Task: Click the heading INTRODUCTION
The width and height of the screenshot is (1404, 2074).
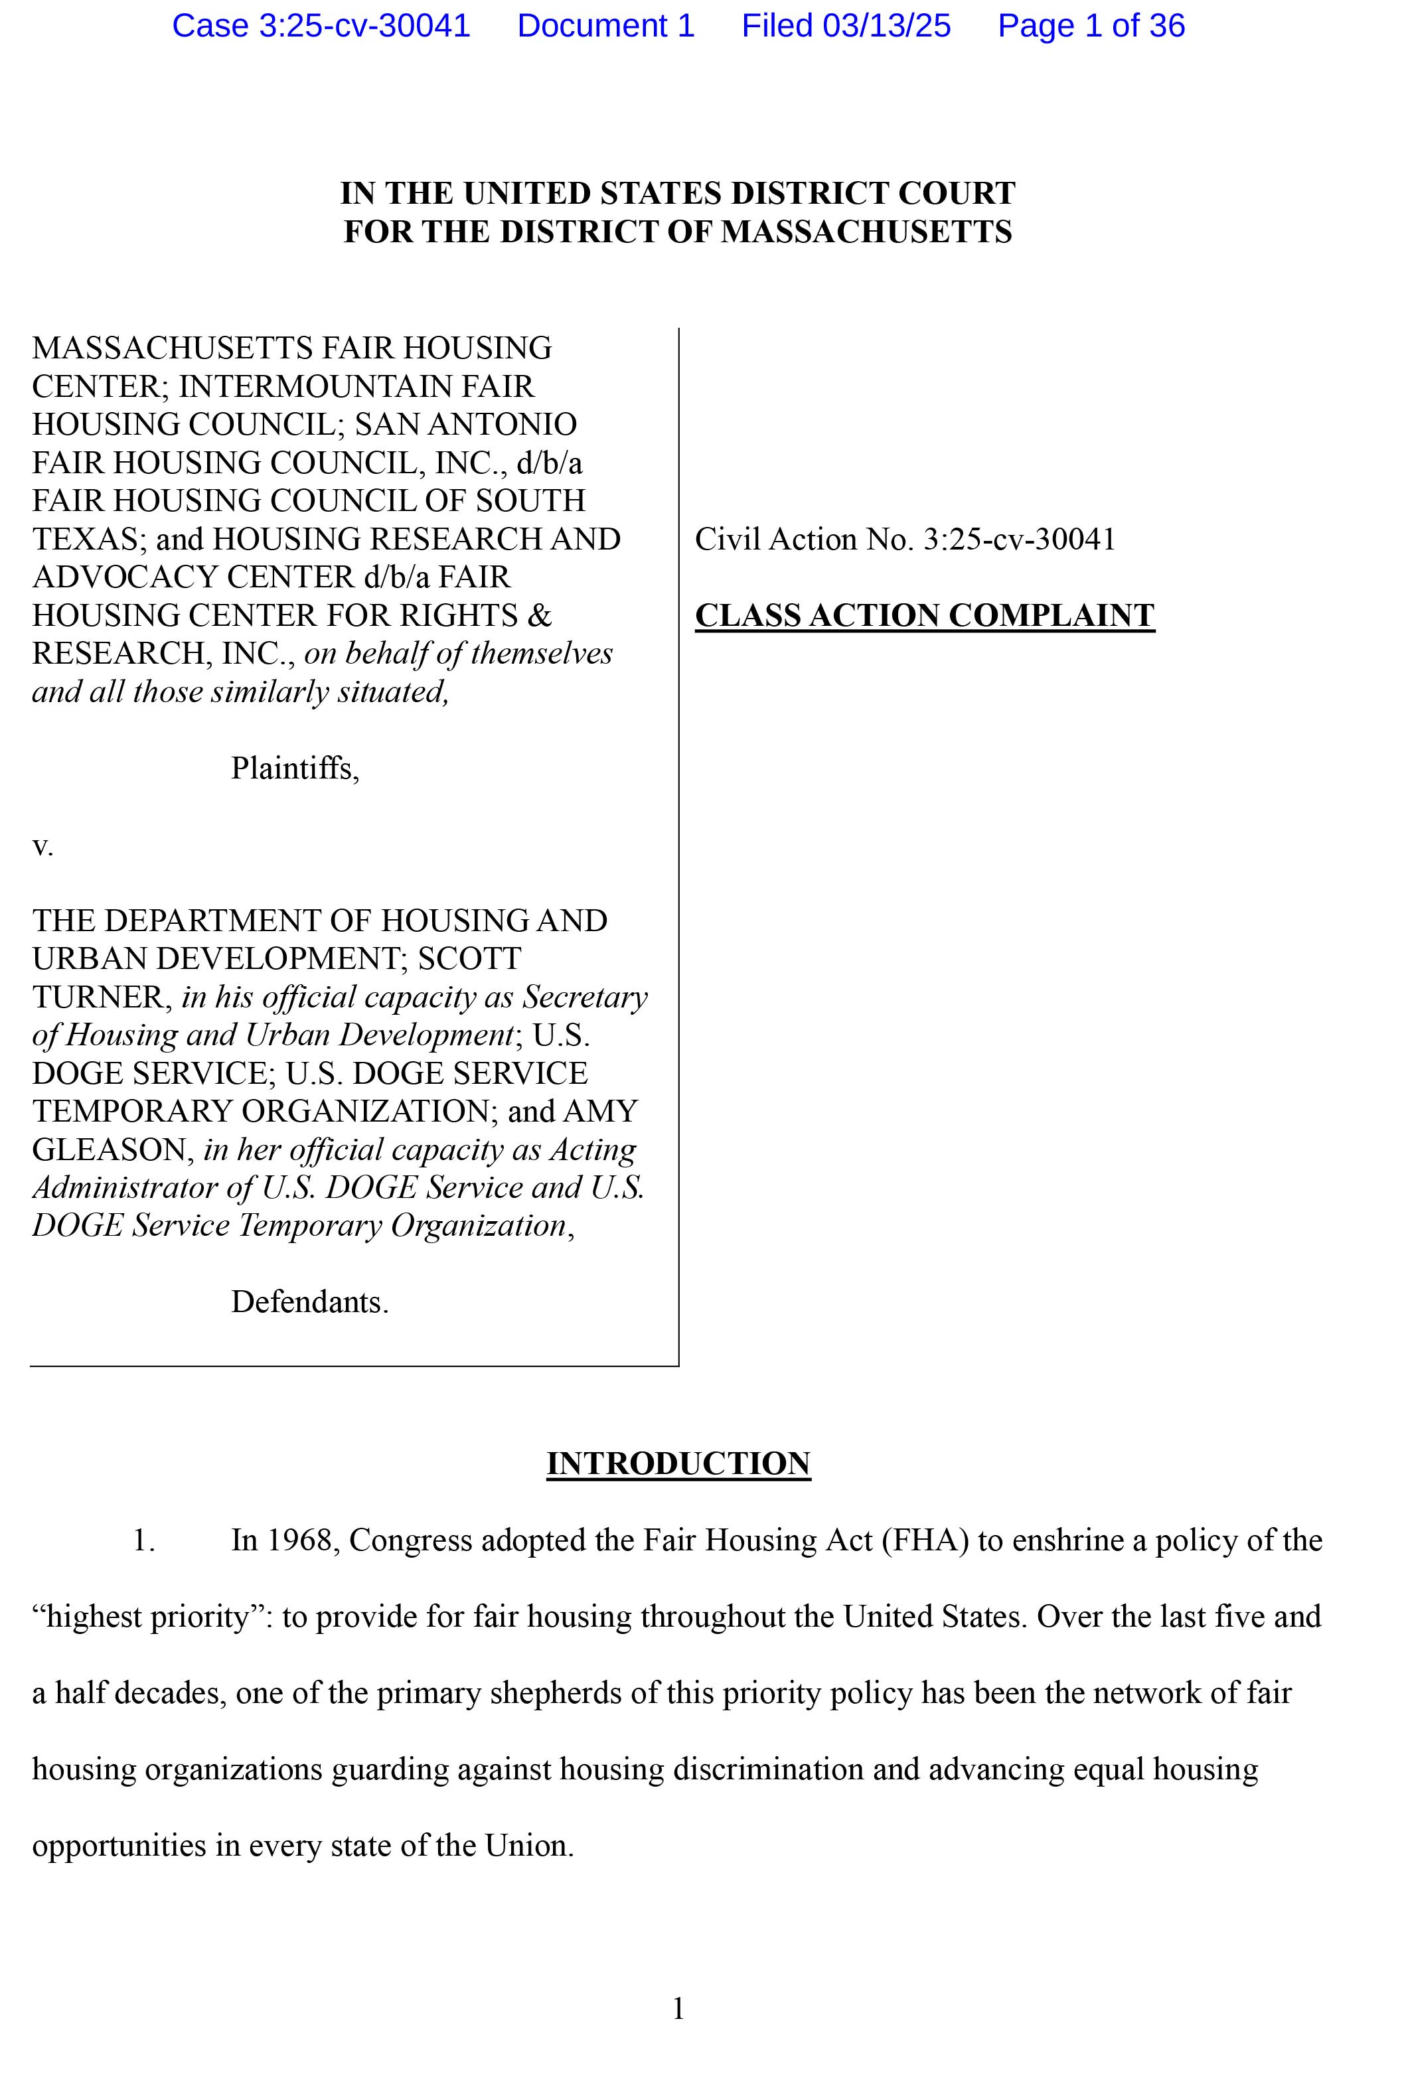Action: point(678,1463)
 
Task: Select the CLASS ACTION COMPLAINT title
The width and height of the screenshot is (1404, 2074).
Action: point(924,616)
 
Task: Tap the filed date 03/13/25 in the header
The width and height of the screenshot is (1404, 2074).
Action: point(886,26)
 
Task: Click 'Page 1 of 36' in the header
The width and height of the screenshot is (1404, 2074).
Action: point(1091,26)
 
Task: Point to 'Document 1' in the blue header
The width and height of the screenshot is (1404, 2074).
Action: point(605,26)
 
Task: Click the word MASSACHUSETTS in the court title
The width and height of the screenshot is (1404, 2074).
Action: point(866,232)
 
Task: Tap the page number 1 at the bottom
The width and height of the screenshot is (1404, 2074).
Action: point(678,2008)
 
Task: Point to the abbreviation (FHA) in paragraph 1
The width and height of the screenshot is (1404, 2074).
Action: point(924,1540)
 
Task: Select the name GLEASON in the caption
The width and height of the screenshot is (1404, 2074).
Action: point(109,1149)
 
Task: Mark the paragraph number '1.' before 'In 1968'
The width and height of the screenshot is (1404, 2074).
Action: point(143,1540)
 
